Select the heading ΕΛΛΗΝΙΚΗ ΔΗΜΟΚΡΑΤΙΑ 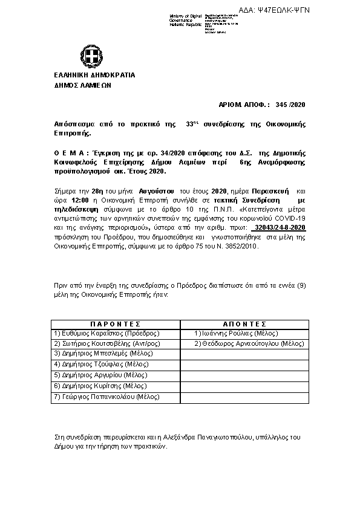(x=94, y=76)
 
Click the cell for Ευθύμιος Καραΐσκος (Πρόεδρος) (x=106, y=333)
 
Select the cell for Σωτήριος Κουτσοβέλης (x=106, y=343)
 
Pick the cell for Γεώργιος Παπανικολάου (x=106, y=397)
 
